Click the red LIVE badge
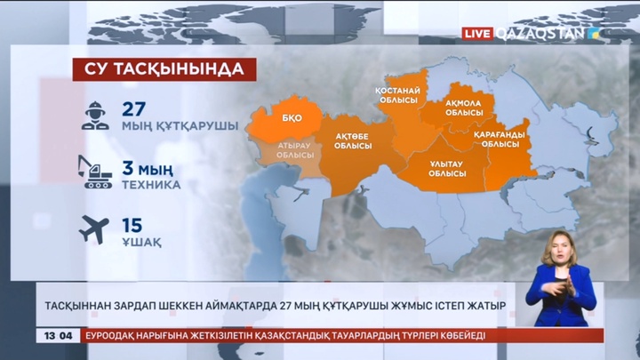pyautogui.click(x=477, y=33)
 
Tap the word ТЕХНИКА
pyautogui.click(x=151, y=185)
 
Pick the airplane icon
pyautogui.click(x=92, y=229)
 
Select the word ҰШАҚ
pyautogui.click(x=141, y=242)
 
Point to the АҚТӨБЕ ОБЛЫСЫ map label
pyautogui.click(x=352, y=142)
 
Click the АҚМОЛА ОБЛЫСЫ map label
pyautogui.click(x=463, y=108)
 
